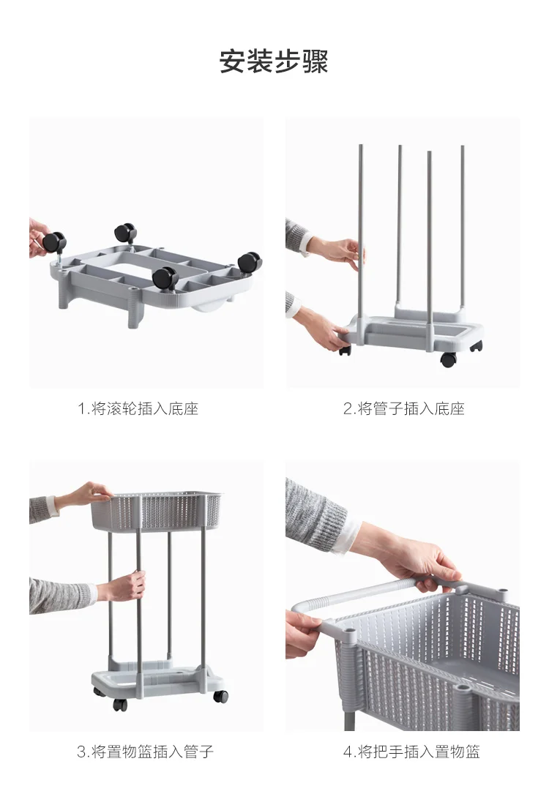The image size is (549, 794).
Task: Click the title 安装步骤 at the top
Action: coord(274,61)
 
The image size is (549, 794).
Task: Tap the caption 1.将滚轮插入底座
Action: coord(138,408)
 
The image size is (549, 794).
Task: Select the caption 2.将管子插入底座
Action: coord(403,408)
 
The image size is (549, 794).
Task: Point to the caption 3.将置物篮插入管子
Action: coord(146,752)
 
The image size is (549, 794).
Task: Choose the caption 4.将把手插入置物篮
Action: coord(411,752)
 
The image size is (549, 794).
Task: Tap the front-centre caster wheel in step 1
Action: coord(164,278)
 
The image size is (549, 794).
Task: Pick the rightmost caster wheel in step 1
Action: coord(249,262)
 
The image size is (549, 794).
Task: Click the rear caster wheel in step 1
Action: coord(125,233)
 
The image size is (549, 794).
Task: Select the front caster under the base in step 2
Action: coord(448,360)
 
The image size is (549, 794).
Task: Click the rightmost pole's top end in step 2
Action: coord(463,147)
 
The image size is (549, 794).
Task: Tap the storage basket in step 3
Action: coord(157,512)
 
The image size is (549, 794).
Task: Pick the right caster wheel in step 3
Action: coord(220,696)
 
